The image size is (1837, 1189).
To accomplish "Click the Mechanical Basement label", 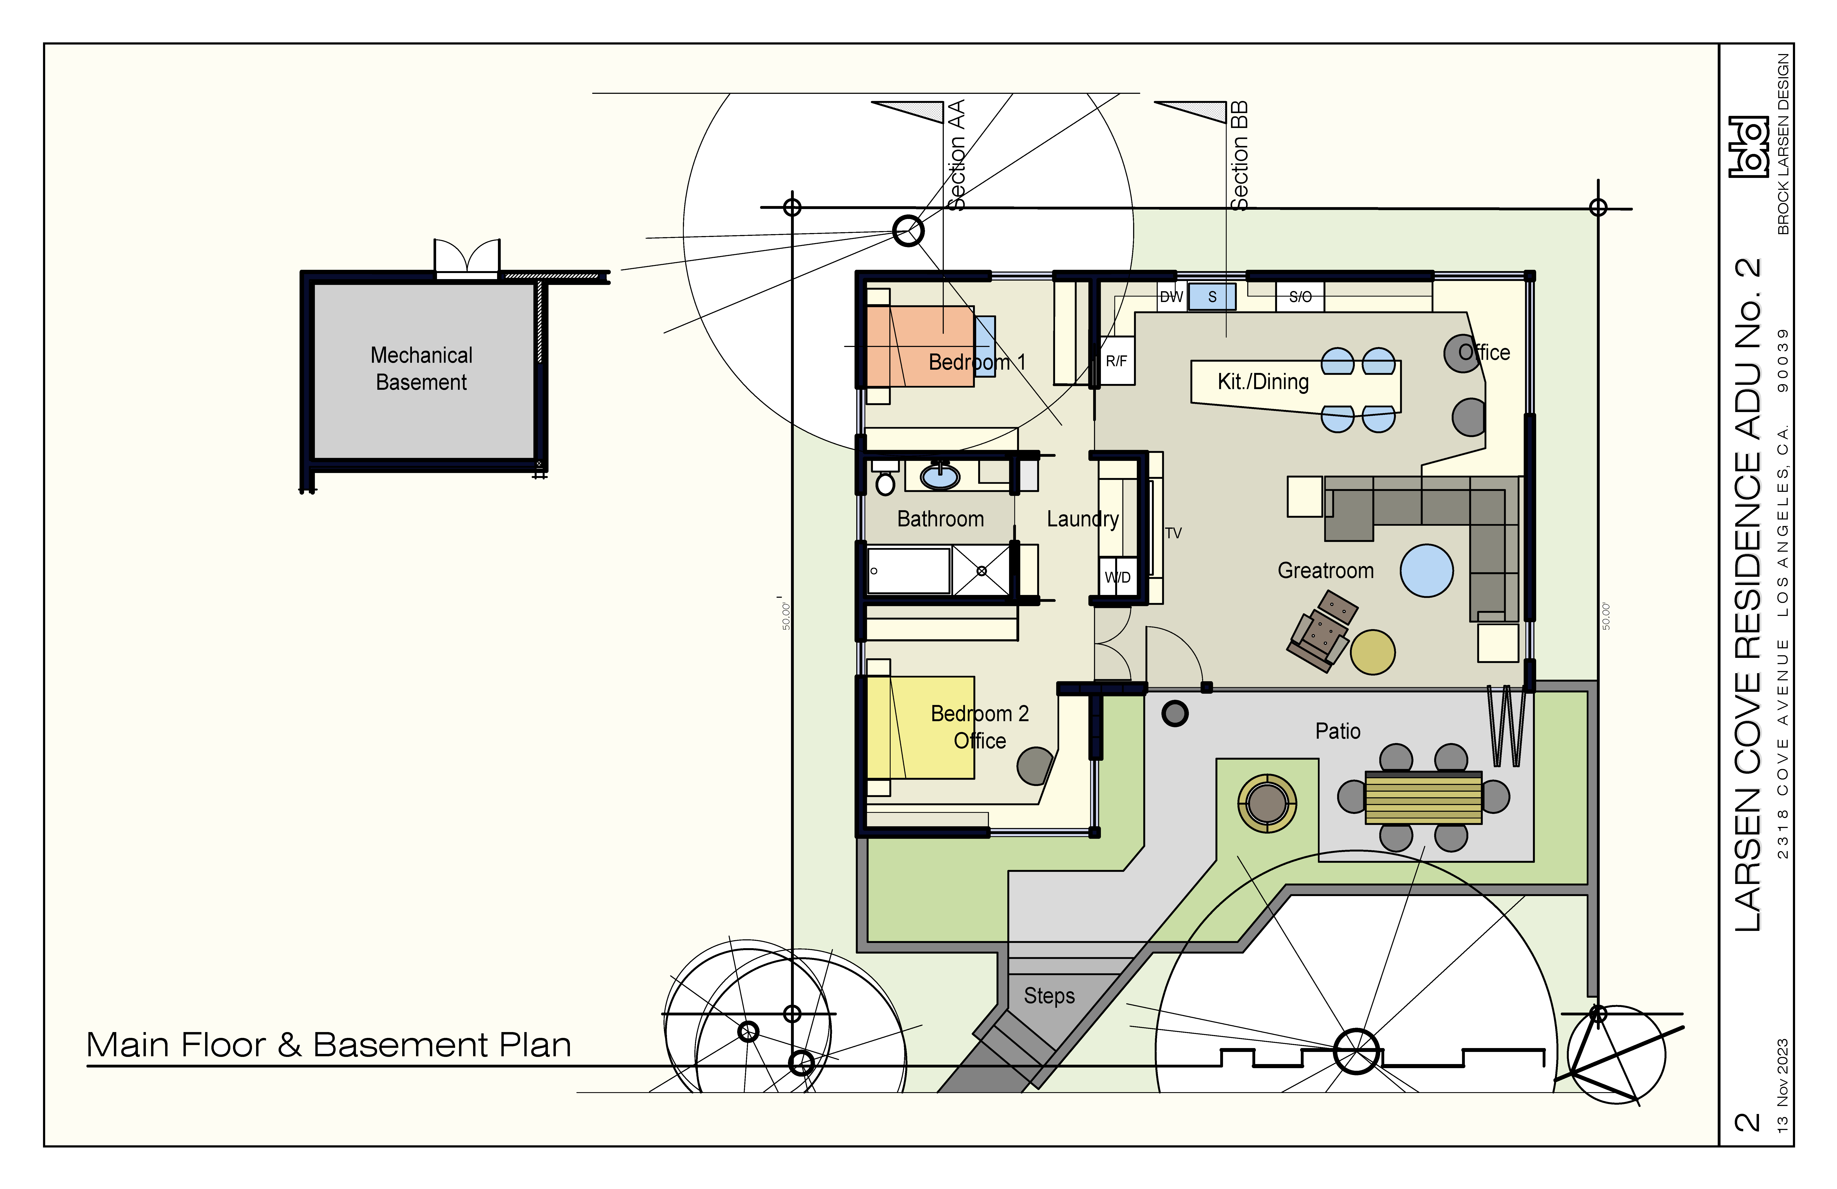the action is point(421,368).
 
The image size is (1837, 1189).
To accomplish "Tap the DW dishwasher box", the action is point(1172,296).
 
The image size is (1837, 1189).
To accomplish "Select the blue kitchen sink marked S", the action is point(1212,296).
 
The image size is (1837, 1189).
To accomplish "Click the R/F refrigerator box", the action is point(1116,361).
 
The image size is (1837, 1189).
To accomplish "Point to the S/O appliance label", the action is point(1301,296).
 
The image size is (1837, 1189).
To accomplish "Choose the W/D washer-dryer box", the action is point(1118,577).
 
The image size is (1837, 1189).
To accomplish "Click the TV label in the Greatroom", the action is point(1173,533).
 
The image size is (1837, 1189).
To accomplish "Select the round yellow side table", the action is point(1372,652).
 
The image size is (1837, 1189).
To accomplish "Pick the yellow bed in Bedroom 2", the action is point(920,727).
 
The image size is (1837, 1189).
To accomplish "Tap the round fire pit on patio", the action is point(1267,803).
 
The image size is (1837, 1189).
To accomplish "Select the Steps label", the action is point(1049,996).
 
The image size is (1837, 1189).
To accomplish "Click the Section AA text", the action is point(956,154).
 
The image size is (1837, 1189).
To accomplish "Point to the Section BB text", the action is point(1239,155).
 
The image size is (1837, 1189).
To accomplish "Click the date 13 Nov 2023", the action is point(1782,1086).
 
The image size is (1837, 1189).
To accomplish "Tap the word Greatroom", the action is point(1325,571).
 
